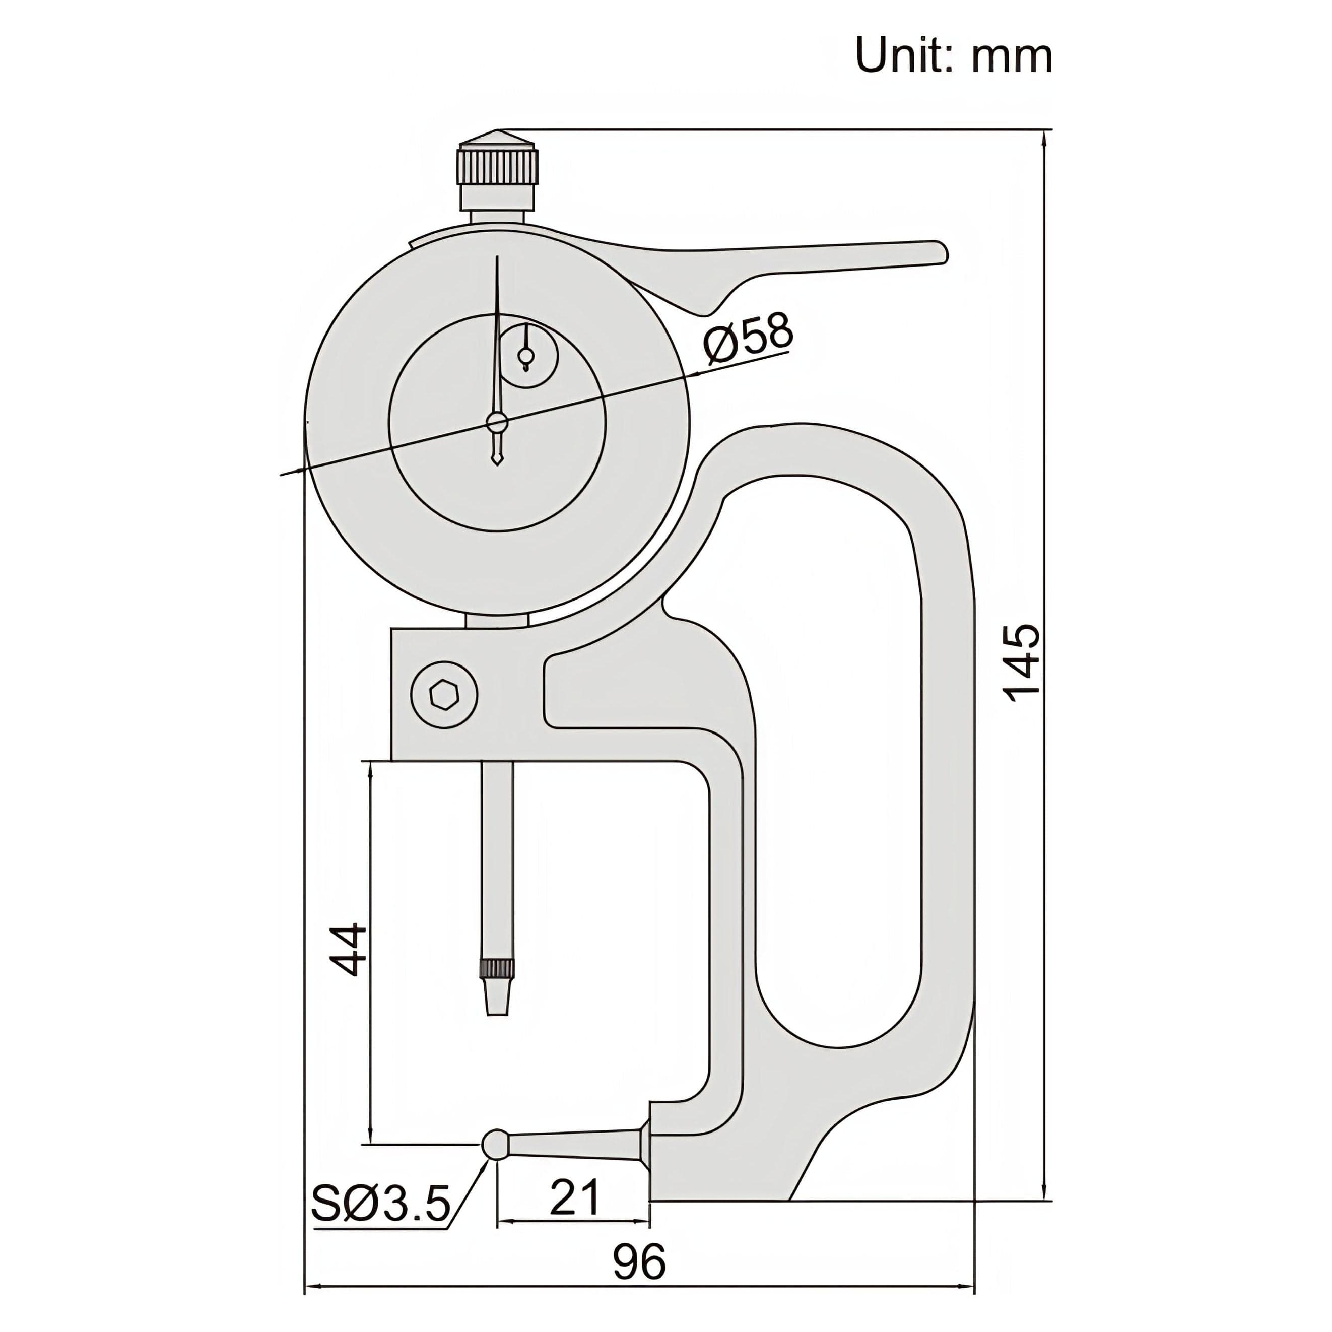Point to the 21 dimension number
click(574, 1197)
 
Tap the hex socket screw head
click(445, 694)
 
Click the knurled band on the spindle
click(496, 969)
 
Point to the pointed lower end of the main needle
click(496, 460)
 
